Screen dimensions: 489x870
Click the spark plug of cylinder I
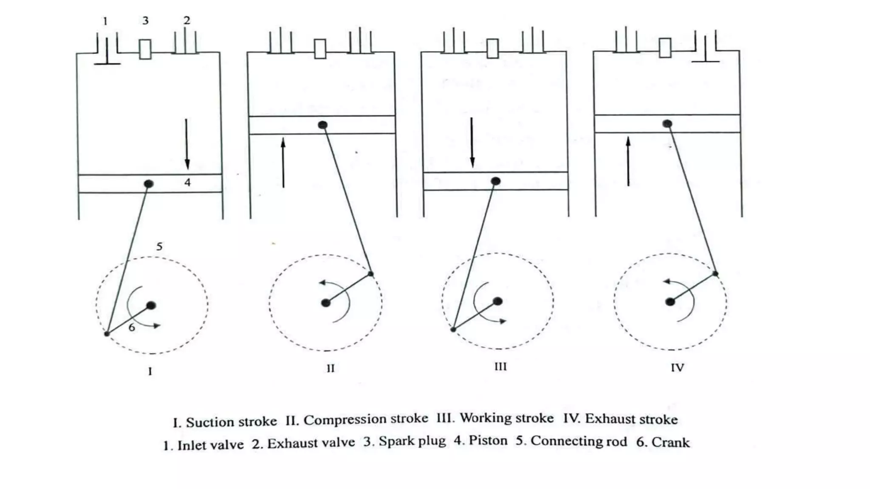pyautogui.click(x=145, y=49)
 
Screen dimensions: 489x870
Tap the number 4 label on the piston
pyautogui.click(x=187, y=183)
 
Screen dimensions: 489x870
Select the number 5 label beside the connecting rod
pyautogui.click(x=159, y=246)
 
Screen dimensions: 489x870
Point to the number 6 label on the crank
pyautogui.click(x=132, y=327)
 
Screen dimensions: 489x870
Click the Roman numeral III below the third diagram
pyautogui.click(x=500, y=366)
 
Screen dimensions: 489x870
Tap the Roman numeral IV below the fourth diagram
pyautogui.click(x=677, y=368)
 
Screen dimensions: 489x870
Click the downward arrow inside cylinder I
pyautogui.click(x=186, y=144)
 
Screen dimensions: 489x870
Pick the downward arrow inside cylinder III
pyautogui.click(x=472, y=143)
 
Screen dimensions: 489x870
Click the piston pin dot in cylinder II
pyautogui.click(x=323, y=125)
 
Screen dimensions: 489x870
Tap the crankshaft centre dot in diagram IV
pyautogui.click(x=670, y=302)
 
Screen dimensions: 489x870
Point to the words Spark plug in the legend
pyautogui.click(x=412, y=441)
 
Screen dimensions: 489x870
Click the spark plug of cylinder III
pyautogui.click(x=492, y=48)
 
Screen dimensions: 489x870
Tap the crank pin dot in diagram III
pyautogui.click(x=453, y=329)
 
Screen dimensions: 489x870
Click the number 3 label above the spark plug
pyautogui.click(x=145, y=21)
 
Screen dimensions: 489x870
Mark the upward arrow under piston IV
pyautogui.click(x=628, y=161)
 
